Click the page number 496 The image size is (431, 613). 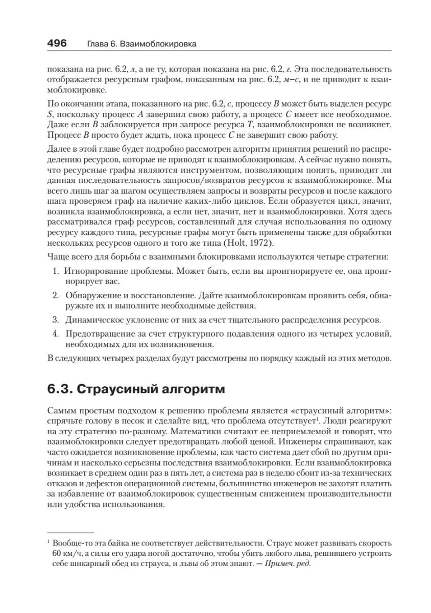point(57,43)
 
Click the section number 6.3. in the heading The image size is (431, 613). point(59,390)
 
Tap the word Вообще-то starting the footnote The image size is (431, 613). point(71,543)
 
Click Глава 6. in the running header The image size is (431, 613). point(96,44)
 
